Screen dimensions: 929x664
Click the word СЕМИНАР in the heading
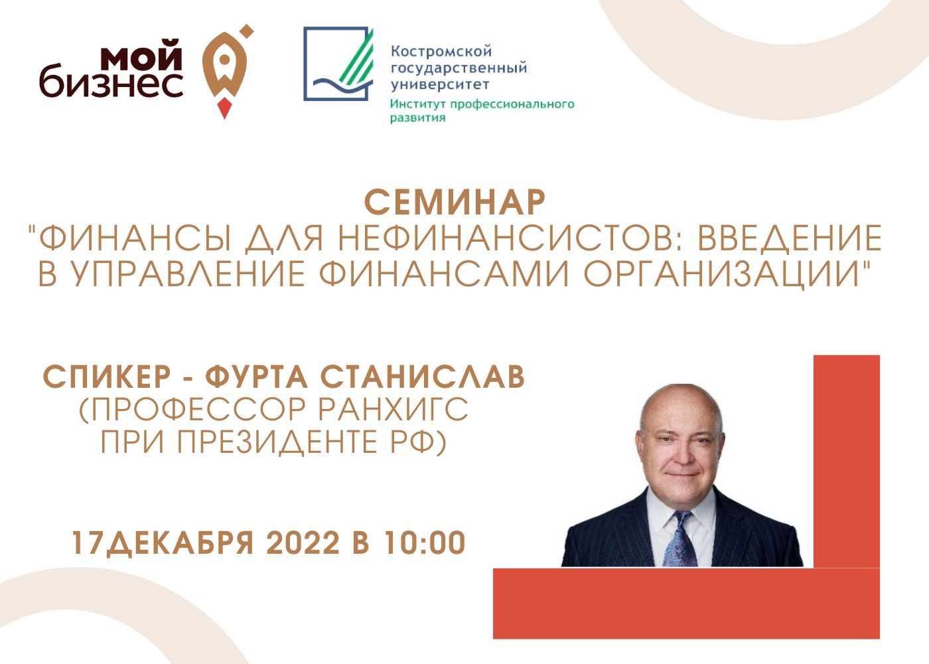click(455, 203)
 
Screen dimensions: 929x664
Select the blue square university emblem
click(338, 64)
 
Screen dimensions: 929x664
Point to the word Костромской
click(441, 52)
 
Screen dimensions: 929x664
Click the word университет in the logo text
click(440, 85)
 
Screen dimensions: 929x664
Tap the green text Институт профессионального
click(482, 104)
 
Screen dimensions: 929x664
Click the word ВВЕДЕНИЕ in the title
click(790, 238)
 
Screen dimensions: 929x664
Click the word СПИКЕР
click(107, 377)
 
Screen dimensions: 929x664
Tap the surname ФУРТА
click(256, 377)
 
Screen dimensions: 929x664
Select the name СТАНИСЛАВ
click(423, 377)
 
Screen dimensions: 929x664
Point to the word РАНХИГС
click(393, 410)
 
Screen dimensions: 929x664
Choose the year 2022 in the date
click(303, 543)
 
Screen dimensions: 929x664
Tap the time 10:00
click(425, 543)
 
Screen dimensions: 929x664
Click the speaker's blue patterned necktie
click(679, 539)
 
